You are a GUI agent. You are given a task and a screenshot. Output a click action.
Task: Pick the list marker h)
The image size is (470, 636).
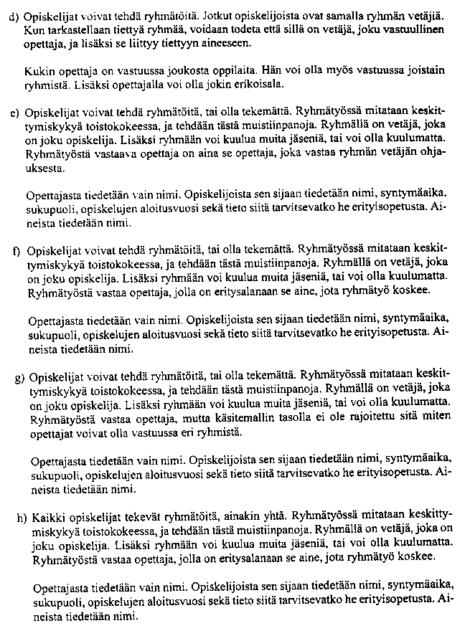coord(22,515)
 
